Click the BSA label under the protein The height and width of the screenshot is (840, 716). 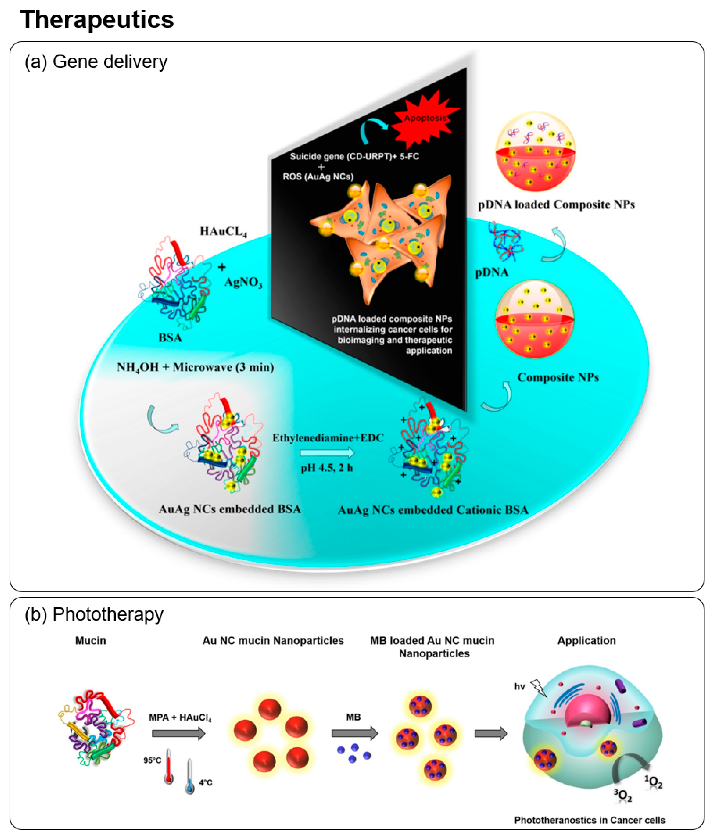(x=170, y=337)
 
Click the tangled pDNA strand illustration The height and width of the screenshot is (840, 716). (x=507, y=241)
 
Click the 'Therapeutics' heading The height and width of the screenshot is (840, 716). (x=97, y=20)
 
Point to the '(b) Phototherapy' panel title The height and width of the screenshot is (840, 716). (x=94, y=614)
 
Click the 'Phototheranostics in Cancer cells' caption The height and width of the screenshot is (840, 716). (x=590, y=820)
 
